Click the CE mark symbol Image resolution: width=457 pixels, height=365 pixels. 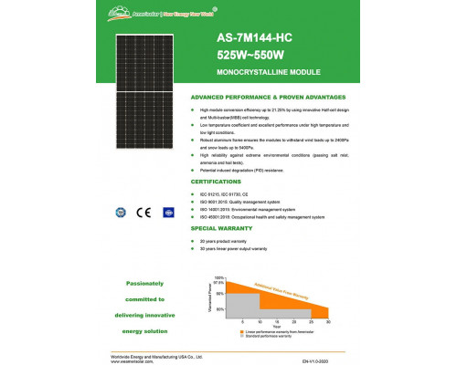pyautogui.click(x=143, y=213)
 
